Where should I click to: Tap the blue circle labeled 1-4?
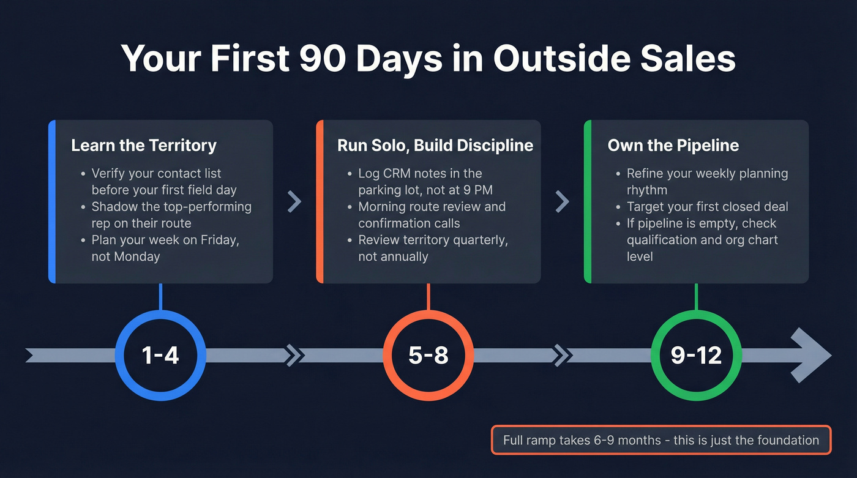160,356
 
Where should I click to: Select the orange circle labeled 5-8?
428,356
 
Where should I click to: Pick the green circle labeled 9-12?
696,356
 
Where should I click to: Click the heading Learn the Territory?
143,146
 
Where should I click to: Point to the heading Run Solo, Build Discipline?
435,146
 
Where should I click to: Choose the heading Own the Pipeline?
673,146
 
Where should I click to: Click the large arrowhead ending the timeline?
810,355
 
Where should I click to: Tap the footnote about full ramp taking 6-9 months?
661,440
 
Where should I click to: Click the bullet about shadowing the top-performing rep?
171,215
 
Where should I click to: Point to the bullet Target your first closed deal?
707,207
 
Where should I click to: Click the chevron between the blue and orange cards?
294,201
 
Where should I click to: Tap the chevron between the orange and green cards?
562,201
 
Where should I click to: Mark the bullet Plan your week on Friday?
165,248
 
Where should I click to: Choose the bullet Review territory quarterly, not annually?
432,248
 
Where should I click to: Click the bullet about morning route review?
431,215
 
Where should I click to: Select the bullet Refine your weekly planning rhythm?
706,182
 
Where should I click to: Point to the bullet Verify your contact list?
164,182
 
